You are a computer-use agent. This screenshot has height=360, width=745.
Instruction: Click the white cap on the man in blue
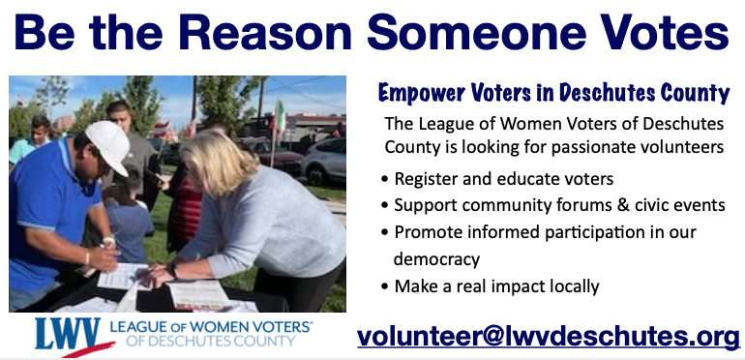(x=107, y=145)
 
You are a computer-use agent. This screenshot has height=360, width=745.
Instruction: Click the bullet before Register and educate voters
(x=386, y=179)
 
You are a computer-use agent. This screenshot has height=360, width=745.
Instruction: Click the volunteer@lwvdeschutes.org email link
(x=549, y=336)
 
